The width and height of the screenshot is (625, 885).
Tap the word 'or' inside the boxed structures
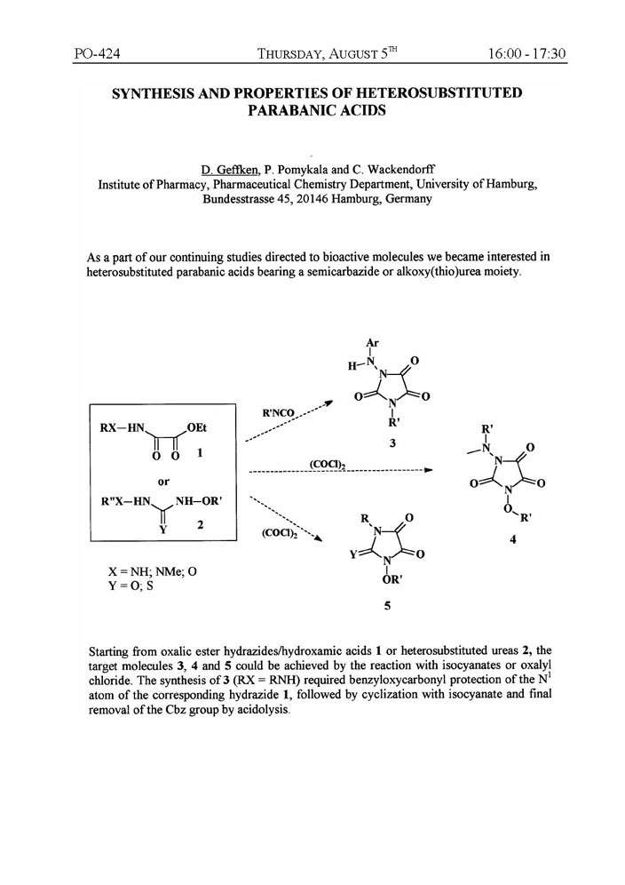click(x=164, y=480)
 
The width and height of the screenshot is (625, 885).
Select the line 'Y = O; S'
click(x=130, y=586)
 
